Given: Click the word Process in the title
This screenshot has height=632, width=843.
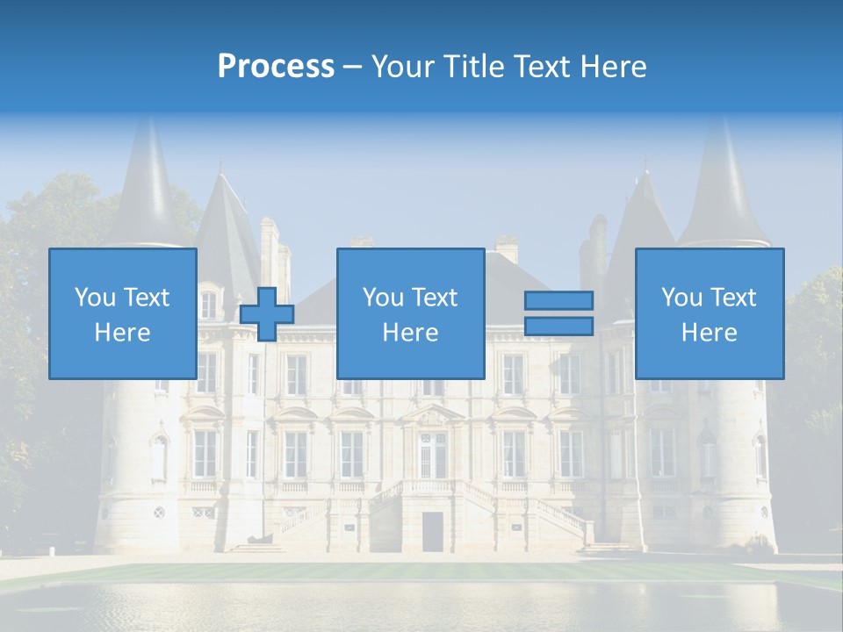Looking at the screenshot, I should tap(276, 67).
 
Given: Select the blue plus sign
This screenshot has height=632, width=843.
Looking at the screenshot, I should tap(267, 314).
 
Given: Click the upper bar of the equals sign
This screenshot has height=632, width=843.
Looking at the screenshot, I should tap(558, 300).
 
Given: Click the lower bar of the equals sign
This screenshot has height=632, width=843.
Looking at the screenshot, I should tap(558, 327).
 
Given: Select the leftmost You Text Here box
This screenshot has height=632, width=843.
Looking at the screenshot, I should tap(122, 313).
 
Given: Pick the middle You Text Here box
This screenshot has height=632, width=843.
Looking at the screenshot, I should tap(410, 313).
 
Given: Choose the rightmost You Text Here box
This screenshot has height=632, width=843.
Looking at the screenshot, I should tap(709, 313).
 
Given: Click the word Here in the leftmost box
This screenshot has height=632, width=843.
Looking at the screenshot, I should tap(122, 333).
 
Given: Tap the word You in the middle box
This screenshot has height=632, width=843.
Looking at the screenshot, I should tap(383, 298).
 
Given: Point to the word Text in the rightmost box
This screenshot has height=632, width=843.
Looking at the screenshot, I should tap(733, 298).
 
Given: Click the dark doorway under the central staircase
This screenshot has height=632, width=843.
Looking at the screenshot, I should tap(432, 531).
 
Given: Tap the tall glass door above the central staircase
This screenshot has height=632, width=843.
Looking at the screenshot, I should tap(431, 454).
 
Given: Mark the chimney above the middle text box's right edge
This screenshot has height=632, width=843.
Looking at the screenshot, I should tap(506, 248).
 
